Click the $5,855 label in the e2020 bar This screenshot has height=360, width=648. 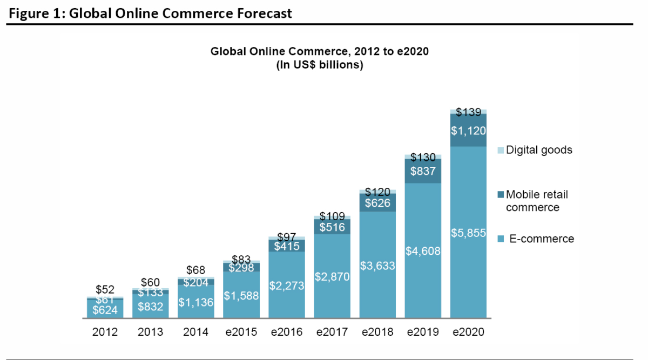pyautogui.click(x=468, y=233)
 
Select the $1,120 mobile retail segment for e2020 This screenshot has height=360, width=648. pyautogui.click(x=468, y=131)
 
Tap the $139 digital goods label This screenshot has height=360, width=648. pyautogui.click(x=468, y=112)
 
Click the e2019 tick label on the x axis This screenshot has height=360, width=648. pyautogui.click(x=423, y=331)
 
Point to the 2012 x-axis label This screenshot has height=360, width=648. pyautogui.click(x=105, y=331)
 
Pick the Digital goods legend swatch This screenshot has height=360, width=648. pyautogui.click(x=501, y=150)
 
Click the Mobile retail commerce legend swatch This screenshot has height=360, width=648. pyautogui.click(x=501, y=195)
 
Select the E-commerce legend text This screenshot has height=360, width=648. pyautogui.click(x=542, y=239)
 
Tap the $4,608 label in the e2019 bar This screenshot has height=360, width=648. pyautogui.click(x=423, y=251)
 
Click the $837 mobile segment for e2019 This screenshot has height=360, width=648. pyautogui.click(x=423, y=171)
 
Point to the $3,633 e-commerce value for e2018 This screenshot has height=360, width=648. pyautogui.click(x=377, y=266)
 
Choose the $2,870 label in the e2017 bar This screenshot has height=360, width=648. pyautogui.click(x=332, y=277)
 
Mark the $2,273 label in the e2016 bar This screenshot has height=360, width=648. pyautogui.click(x=287, y=286)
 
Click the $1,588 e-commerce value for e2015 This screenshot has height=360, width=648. pyautogui.click(x=241, y=296)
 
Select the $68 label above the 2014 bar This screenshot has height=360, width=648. pyautogui.click(x=196, y=270)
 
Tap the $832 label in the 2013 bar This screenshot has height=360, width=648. pyautogui.click(x=151, y=307)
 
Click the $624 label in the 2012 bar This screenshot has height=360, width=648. pyautogui.click(x=105, y=310)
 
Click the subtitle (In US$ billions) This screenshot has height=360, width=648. pyautogui.click(x=320, y=65)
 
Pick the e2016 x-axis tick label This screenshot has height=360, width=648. pyautogui.click(x=287, y=331)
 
